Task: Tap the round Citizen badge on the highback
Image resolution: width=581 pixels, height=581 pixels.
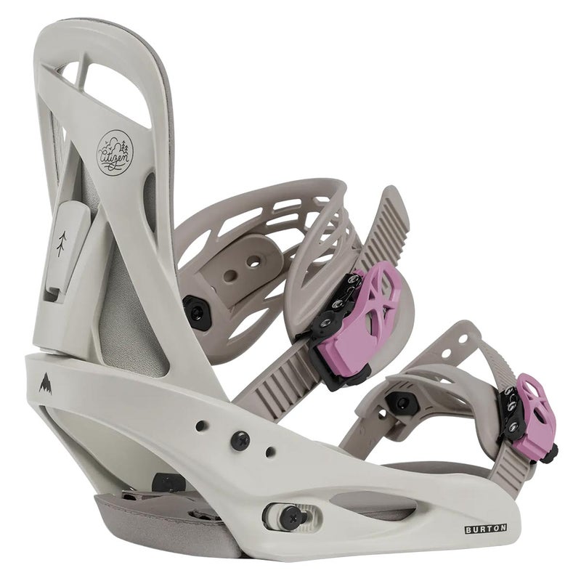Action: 115,153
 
